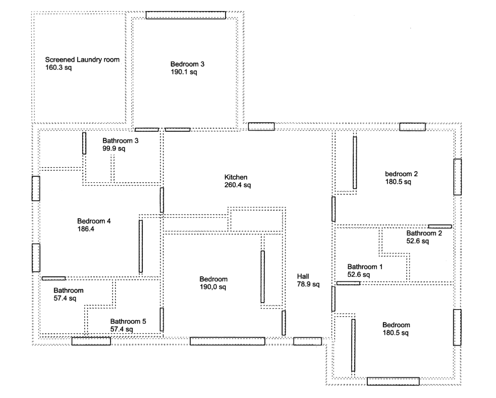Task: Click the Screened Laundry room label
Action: coord(82,60)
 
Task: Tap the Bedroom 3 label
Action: coord(187,64)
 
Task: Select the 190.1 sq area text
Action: coord(184,72)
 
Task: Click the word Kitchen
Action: coord(236,177)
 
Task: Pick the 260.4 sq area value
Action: coord(238,185)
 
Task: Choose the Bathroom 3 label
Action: coord(120,140)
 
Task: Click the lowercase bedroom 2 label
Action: coord(401,174)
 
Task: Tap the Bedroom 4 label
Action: coord(94,221)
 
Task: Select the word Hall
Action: coord(303,276)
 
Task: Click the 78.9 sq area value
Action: coord(308,284)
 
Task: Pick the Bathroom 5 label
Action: coord(128,321)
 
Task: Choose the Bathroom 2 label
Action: coord(424,233)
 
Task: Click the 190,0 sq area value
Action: coord(213,287)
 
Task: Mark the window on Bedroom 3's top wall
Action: coord(186,15)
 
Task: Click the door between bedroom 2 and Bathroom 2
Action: coord(440,226)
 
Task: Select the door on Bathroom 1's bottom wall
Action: coord(348,283)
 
